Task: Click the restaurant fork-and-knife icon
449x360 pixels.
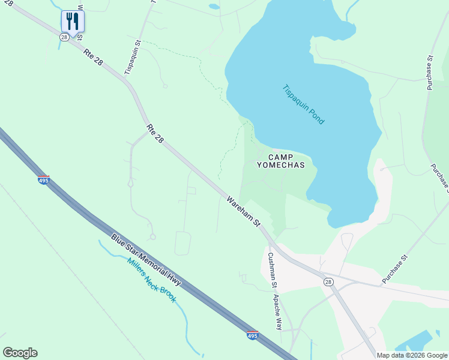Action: pyautogui.click(x=73, y=22)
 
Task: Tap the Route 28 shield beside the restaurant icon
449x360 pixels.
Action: pyautogui.click(x=64, y=37)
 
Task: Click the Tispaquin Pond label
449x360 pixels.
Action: pyautogui.click(x=303, y=104)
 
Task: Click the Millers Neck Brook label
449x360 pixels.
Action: pyautogui.click(x=152, y=280)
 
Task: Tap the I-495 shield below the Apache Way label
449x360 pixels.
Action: pyautogui.click(x=253, y=335)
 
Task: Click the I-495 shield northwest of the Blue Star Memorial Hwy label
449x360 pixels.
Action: pyautogui.click(x=44, y=180)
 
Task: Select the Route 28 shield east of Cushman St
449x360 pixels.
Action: pyautogui.click(x=328, y=282)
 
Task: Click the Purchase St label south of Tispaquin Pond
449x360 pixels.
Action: pyautogui.click(x=395, y=269)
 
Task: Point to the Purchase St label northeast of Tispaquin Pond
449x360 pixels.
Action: pyautogui.click(x=430, y=73)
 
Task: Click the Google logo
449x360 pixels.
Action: pyautogui.click(x=20, y=353)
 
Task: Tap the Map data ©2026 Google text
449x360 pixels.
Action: pyautogui.click(x=412, y=355)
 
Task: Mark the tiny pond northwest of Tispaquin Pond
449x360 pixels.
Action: pyautogui.click(x=214, y=7)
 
